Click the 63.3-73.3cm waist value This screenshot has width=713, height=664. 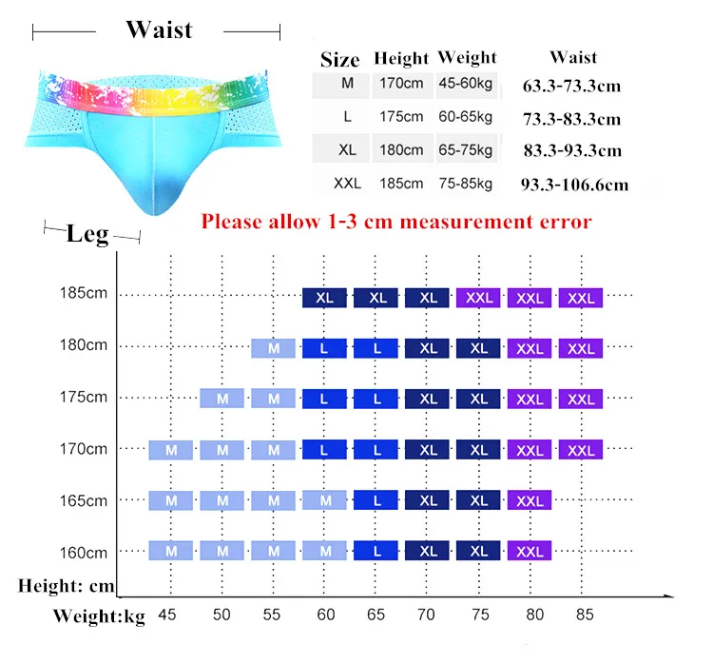[571, 86]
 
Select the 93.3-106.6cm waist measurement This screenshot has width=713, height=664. [575, 185]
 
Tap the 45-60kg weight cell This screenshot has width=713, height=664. [466, 84]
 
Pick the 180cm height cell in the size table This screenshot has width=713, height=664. [401, 149]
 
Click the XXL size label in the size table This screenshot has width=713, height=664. [347, 184]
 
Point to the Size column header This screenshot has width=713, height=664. [339, 60]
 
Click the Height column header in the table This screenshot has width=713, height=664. [401, 58]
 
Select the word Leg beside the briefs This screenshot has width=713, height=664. [87, 234]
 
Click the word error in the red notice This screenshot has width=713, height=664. [566, 222]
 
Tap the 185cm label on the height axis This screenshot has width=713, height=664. [84, 293]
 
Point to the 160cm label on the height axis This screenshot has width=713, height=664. [84, 553]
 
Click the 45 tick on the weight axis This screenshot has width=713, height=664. [167, 615]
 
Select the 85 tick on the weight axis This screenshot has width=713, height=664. [585, 615]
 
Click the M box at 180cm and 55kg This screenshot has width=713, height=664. [273, 348]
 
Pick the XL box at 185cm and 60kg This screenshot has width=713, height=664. [325, 298]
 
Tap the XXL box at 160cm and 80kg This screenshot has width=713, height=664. [530, 551]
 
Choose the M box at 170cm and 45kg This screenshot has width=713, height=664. [171, 450]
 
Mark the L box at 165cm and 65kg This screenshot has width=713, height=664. [376, 500]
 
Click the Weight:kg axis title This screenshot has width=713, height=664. [99, 616]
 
